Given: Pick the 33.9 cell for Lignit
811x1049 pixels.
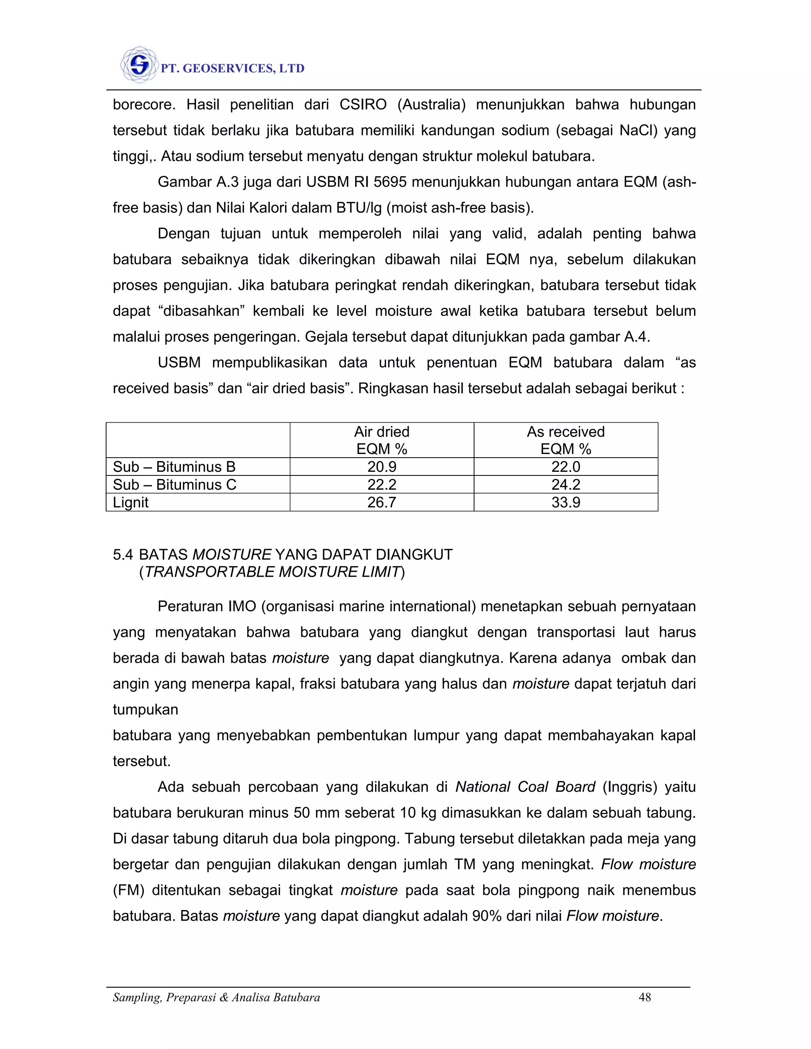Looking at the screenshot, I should [x=565, y=502].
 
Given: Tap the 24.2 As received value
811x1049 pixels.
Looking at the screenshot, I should [x=565, y=485].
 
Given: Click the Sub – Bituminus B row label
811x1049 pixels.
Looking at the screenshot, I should [x=174, y=467].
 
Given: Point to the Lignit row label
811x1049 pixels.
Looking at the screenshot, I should [x=131, y=502].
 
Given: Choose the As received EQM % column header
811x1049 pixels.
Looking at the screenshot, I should [x=565, y=440].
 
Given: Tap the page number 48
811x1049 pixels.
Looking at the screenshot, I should [x=644, y=998].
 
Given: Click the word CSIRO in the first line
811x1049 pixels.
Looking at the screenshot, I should [x=363, y=105].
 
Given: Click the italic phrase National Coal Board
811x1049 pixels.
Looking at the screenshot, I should [x=525, y=787].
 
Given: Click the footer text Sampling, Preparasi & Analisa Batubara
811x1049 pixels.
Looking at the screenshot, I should [x=216, y=998].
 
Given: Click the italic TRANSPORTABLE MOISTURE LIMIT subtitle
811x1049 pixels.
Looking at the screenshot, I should [x=272, y=572].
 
